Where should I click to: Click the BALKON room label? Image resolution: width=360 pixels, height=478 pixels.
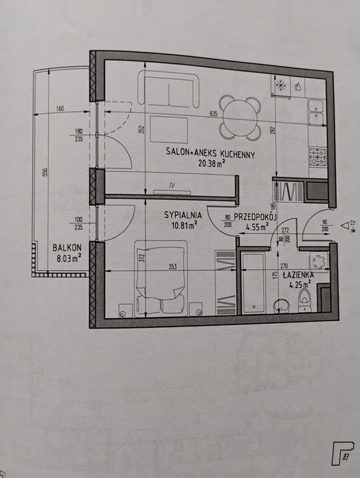tap(67, 247)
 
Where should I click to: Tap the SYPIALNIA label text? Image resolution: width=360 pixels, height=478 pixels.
tap(183, 215)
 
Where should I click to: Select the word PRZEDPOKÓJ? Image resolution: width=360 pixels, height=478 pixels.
tap(255, 216)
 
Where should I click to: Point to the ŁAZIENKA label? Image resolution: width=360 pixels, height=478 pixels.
tap(298, 275)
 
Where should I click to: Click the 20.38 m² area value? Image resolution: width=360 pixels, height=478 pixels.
tap(212, 164)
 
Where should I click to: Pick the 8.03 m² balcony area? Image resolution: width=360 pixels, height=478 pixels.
tap(69, 259)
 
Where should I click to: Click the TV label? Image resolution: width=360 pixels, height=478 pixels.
tap(172, 185)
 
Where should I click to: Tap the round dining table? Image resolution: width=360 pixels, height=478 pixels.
tap(240, 117)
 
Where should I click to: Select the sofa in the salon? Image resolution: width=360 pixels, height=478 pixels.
tap(168, 89)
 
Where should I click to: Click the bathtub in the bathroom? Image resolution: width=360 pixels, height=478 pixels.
tap(253, 283)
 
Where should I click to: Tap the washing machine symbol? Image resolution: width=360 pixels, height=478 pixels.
tap(319, 261)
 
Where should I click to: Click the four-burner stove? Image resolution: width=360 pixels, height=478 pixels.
tap(318, 157)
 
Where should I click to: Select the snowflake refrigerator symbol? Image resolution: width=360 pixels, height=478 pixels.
tap(281, 85)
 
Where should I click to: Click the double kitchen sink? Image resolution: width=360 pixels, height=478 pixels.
tap(316, 113)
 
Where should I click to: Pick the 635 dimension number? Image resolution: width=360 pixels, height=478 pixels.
tap(214, 114)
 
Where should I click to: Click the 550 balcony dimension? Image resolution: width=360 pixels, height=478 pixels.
tap(45, 173)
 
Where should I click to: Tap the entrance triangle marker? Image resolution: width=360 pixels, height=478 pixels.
tap(345, 225)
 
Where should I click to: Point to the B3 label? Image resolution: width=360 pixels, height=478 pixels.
tap(346, 457)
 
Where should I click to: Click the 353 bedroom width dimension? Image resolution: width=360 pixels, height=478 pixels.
tap(173, 267)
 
